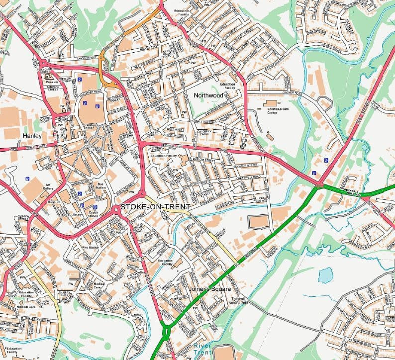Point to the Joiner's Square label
click(210, 289)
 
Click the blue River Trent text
click(203, 349)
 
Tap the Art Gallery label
click(48, 186)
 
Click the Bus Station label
click(101, 186)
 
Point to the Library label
click(77, 214)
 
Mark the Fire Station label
click(90, 247)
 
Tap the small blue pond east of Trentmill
click(325, 274)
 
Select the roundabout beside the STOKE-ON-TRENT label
click(117, 211)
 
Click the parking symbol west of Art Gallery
click(28, 179)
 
